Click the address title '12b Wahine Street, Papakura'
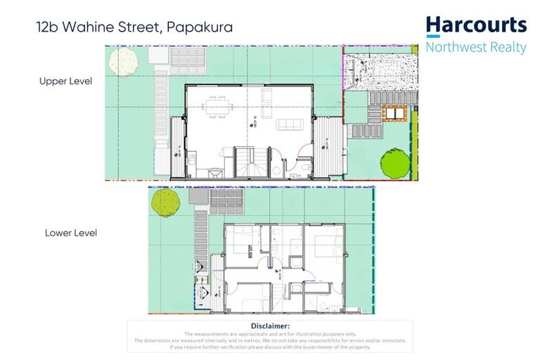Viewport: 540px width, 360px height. point(134,28)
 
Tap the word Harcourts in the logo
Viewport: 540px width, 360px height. point(476,26)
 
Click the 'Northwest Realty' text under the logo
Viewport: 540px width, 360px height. point(476,48)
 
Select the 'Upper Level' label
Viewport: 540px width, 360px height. point(65,81)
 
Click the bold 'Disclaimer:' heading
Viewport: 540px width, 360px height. point(270,326)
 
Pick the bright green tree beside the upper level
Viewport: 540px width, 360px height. point(396,164)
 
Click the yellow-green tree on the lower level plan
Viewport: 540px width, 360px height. point(163,202)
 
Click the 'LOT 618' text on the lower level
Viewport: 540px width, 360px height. point(249,251)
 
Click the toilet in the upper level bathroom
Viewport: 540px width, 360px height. point(276,169)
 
